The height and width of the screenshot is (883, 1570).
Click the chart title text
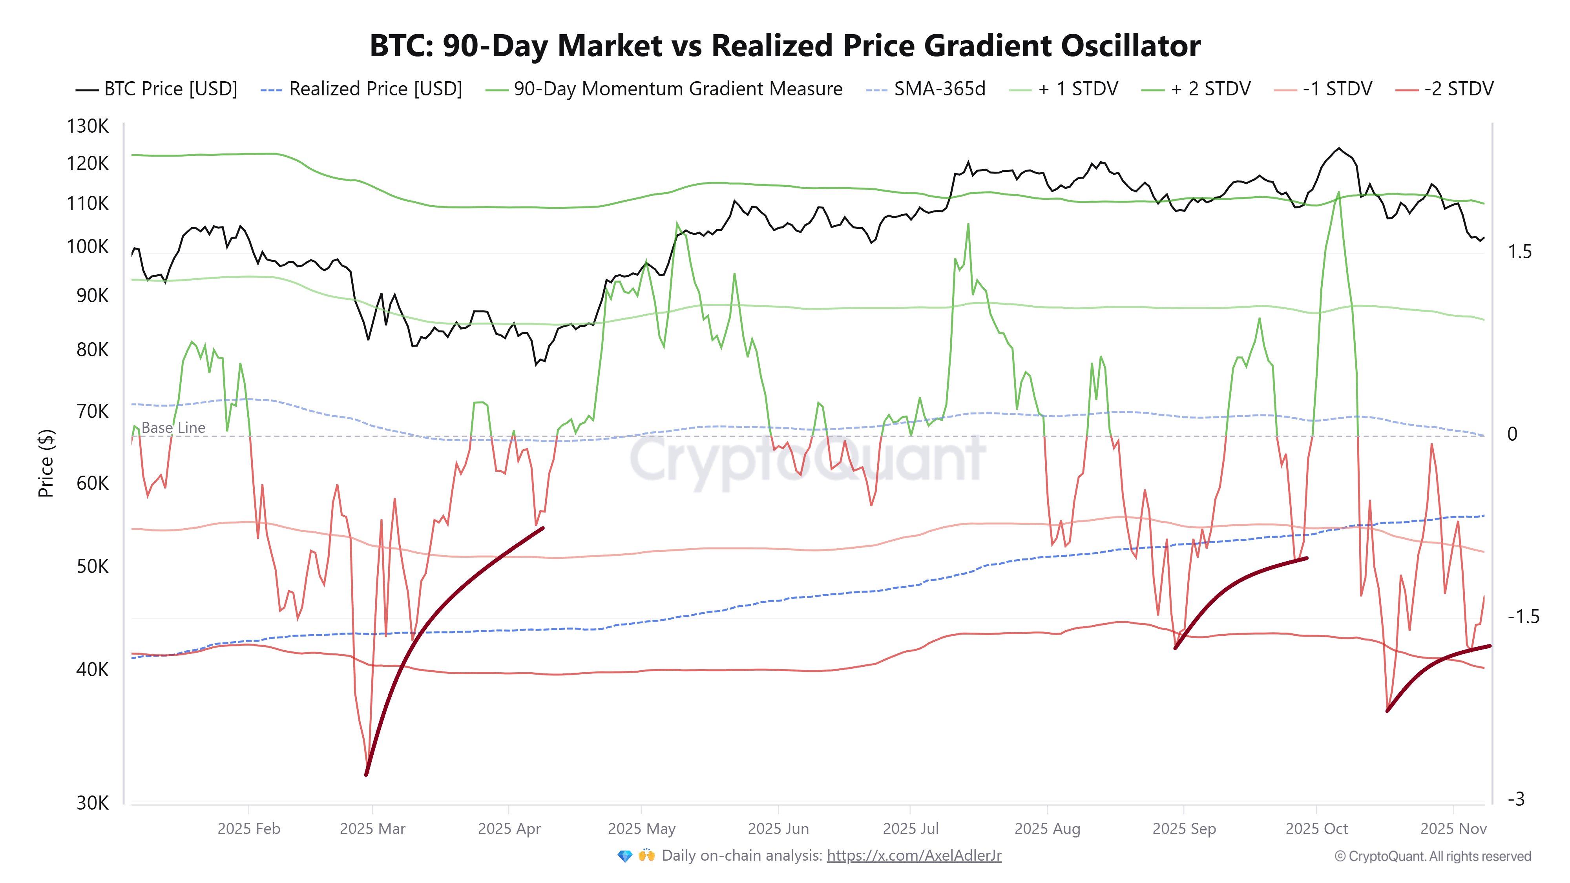tap(785, 46)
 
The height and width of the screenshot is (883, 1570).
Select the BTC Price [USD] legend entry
tap(157, 89)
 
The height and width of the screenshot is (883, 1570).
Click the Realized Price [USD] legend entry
tap(361, 89)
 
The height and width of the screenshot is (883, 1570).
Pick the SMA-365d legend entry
tap(926, 89)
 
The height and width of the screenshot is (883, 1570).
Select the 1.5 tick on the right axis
tap(1519, 252)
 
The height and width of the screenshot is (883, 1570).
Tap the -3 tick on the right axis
tap(1516, 799)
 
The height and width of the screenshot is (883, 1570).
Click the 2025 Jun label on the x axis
tap(778, 829)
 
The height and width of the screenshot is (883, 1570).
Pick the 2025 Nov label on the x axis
tap(1453, 829)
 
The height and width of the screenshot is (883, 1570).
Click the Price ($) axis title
tap(46, 463)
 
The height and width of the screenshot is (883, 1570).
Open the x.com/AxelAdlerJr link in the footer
tap(914, 856)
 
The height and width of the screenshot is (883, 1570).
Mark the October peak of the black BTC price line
tap(1338, 148)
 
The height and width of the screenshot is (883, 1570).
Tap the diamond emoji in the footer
tap(625, 856)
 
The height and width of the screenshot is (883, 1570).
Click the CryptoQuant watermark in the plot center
tap(807, 460)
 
